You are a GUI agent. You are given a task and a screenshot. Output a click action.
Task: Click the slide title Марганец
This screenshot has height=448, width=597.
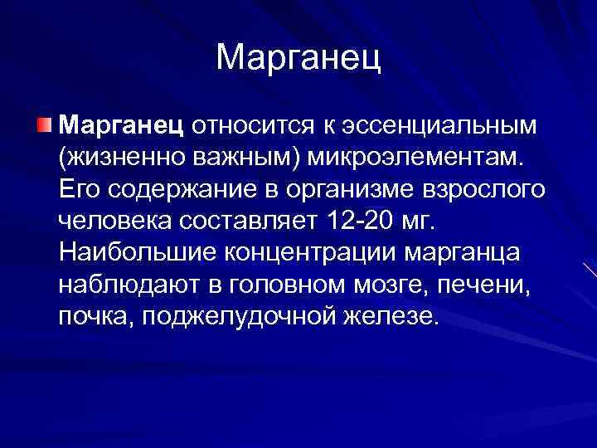(x=298, y=57)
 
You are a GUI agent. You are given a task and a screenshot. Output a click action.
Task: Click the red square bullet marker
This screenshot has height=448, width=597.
(x=43, y=124)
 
